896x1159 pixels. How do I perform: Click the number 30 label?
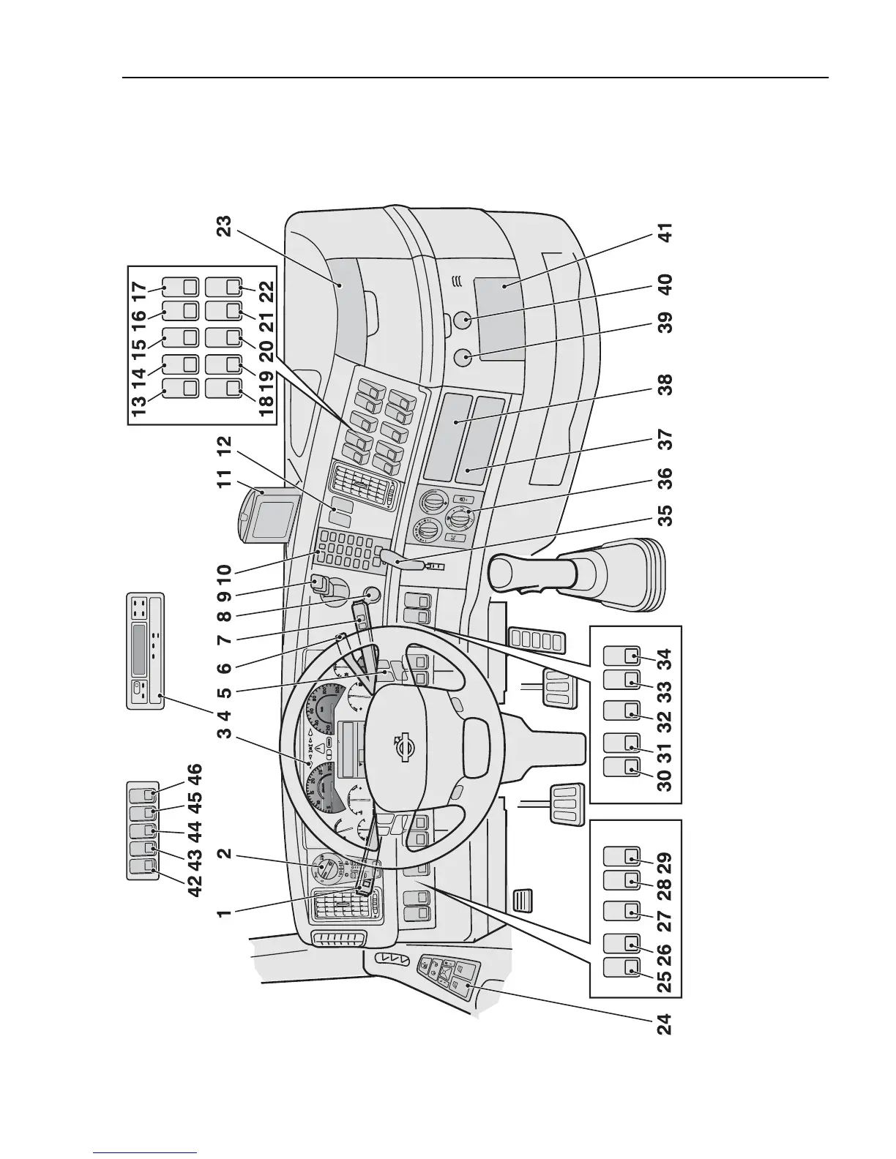tap(665, 776)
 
